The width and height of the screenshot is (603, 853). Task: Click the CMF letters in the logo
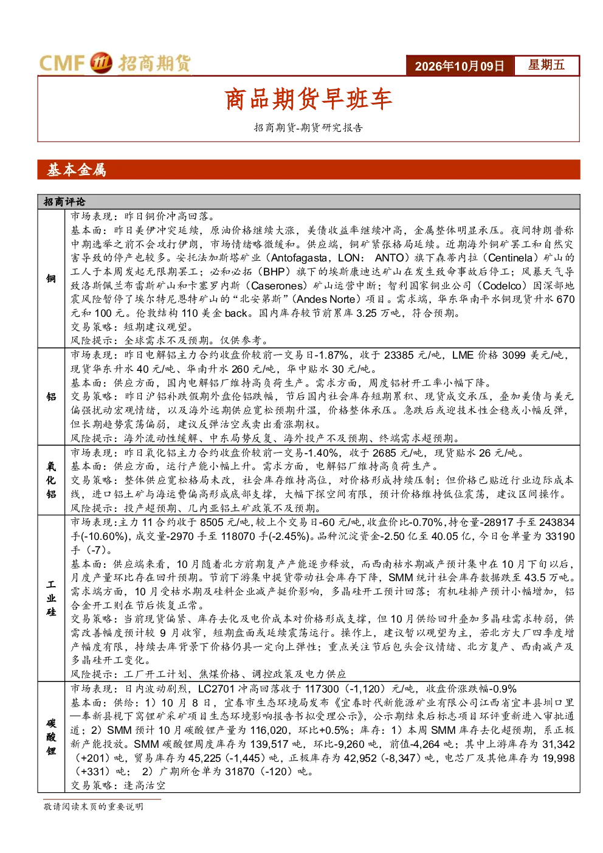coord(61,63)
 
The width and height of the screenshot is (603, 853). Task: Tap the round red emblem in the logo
coord(102,63)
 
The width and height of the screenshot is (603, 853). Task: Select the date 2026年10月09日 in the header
coord(459,66)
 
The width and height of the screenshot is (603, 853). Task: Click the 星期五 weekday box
coord(546,65)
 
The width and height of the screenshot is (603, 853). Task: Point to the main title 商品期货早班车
coord(308,99)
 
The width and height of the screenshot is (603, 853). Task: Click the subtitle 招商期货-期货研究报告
coord(308,128)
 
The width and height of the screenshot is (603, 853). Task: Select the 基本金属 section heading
coord(77,170)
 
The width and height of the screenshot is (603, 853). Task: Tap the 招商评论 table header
coord(64,202)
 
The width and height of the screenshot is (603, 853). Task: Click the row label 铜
coord(51,278)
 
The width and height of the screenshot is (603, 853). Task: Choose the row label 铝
coord(51,397)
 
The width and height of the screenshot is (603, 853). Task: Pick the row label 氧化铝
coord(51,480)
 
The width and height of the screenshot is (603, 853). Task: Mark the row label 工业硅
coord(51,598)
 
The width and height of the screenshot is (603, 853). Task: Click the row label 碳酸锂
coord(51,737)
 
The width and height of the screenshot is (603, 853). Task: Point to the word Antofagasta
coord(299,258)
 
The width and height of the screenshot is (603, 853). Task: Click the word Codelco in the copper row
coord(502,286)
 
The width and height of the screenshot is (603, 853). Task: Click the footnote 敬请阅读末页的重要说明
coord(93,806)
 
